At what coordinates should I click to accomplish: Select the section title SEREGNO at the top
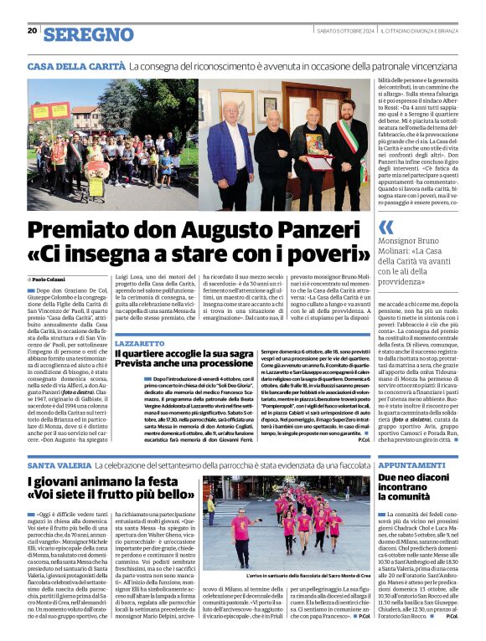click(88, 33)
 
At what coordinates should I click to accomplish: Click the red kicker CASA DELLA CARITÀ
click(76, 66)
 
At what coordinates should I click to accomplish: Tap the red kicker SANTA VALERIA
click(59, 464)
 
